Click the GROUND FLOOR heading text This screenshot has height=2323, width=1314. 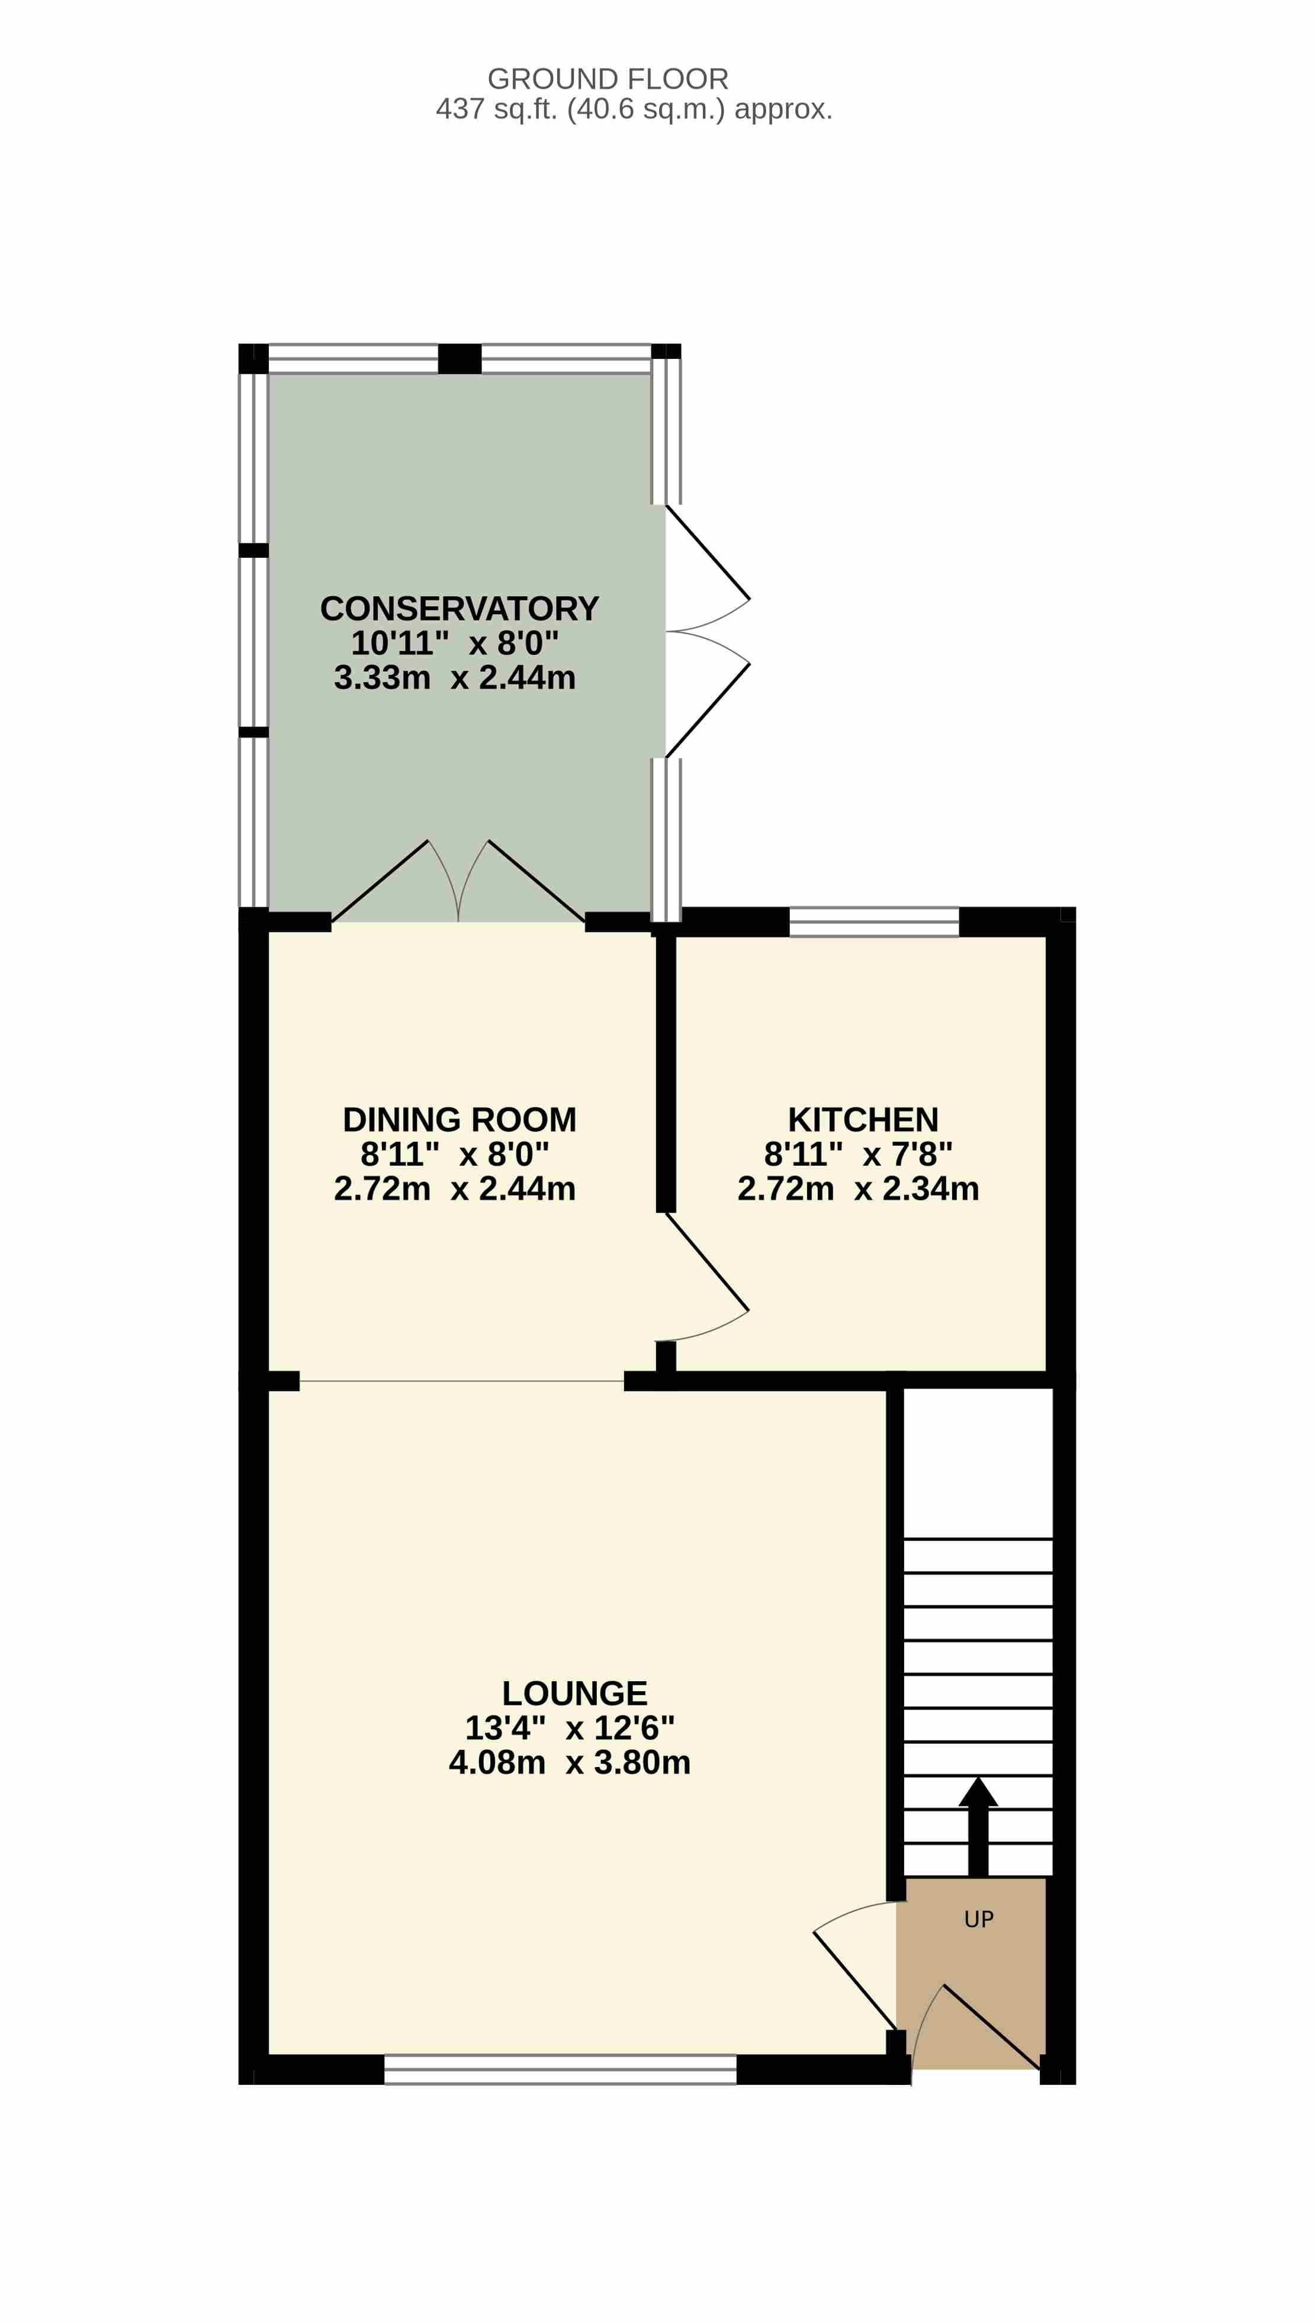608,79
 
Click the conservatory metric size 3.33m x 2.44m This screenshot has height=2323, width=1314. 455,677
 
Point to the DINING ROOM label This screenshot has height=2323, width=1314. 460,1119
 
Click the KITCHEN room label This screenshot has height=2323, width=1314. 863,1119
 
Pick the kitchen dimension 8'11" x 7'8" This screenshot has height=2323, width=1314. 858,1154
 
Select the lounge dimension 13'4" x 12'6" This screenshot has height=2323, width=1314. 570,1727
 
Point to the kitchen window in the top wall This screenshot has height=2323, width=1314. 873,921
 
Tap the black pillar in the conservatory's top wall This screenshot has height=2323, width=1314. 460,358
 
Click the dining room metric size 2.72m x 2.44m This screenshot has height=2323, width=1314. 455,1188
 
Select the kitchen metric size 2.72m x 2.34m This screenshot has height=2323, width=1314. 858,1188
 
